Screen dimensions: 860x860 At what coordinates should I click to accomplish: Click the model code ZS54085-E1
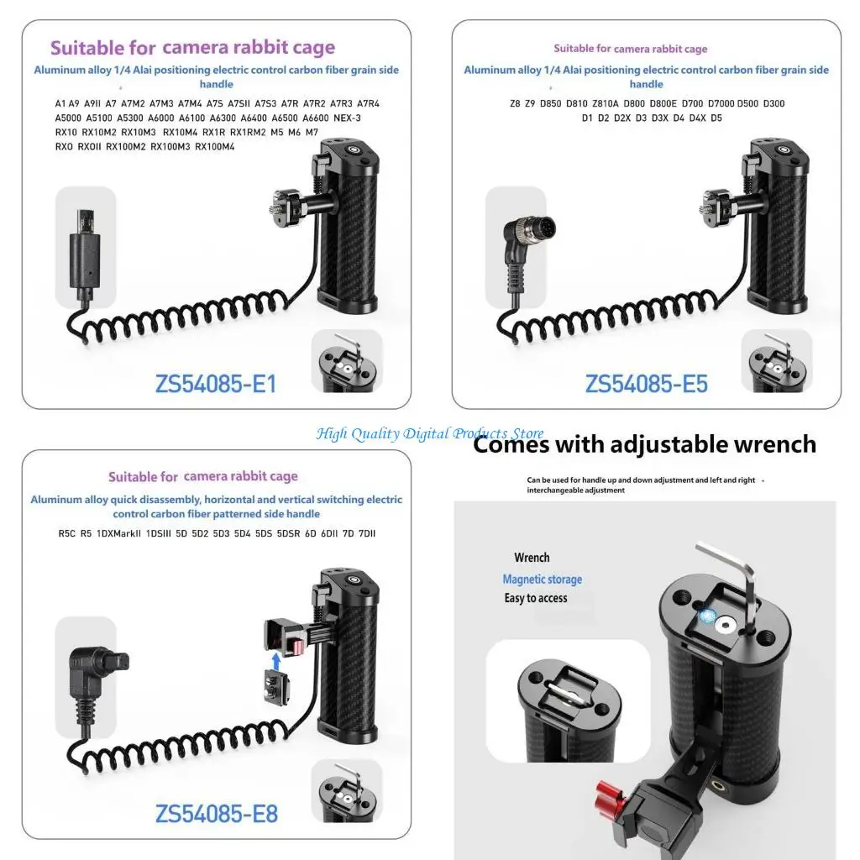click(216, 384)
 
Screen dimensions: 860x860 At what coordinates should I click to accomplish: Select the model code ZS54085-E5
click(646, 384)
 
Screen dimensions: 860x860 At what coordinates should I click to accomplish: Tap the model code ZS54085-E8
click(216, 813)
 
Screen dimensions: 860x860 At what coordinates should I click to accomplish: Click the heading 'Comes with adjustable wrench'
click(644, 443)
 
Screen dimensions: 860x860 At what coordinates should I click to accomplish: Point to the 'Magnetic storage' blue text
click(542, 579)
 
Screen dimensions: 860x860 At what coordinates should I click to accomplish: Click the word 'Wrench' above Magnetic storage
click(532, 558)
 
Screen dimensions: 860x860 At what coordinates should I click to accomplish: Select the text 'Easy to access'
click(536, 598)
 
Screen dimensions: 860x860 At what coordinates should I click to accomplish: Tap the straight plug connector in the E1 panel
click(83, 252)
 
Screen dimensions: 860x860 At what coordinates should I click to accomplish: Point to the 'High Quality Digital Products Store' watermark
click(430, 433)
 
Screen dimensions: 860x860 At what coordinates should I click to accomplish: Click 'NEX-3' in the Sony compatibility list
click(347, 118)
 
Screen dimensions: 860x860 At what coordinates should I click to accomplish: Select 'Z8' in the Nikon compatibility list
click(515, 103)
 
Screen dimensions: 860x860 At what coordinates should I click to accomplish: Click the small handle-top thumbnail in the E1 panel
click(347, 361)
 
